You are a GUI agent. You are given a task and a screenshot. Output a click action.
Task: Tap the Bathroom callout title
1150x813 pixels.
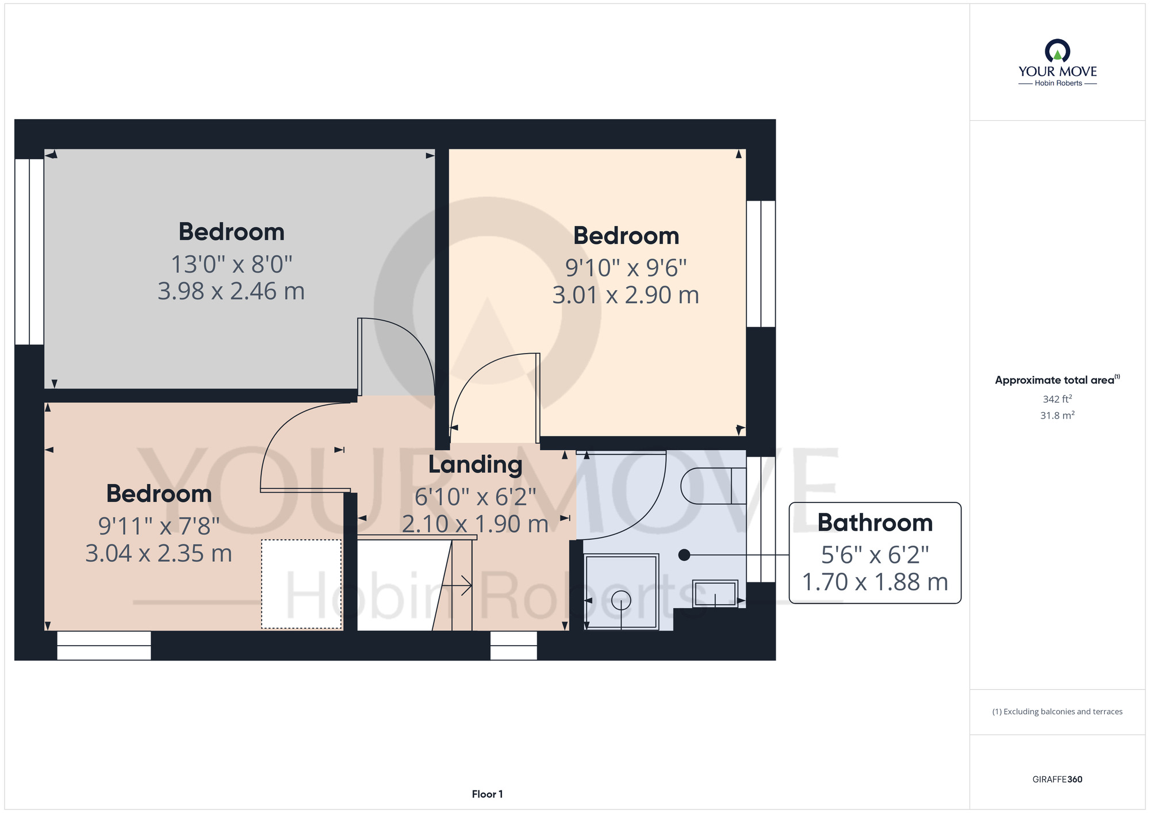coord(875,523)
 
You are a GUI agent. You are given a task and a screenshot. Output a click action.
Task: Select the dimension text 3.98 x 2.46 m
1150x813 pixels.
coord(231,292)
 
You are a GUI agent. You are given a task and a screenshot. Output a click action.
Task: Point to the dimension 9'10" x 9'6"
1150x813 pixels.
coord(626,268)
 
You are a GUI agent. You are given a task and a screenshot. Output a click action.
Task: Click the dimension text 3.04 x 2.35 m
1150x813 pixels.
coord(159,554)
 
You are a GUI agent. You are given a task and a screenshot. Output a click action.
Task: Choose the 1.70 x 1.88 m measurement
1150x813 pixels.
coord(875,582)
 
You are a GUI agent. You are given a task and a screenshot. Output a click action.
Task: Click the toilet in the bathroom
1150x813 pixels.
coord(713,486)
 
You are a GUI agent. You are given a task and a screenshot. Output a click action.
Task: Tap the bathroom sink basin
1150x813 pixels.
coord(715,593)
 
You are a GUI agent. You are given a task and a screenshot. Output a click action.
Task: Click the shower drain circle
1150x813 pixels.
coord(621,600)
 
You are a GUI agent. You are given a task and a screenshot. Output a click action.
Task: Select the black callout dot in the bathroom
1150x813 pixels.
coord(684,555)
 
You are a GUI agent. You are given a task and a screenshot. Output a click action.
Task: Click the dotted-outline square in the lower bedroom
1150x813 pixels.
coord(301,584)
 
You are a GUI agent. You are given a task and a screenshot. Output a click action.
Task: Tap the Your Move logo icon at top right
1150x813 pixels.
coord(1057,51)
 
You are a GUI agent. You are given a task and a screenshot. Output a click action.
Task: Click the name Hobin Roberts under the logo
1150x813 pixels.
coord(1058,83)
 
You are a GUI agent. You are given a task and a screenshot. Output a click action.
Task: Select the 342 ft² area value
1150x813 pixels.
coord(1057,399)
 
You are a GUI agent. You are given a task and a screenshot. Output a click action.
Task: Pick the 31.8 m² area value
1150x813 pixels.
coord(1057,415)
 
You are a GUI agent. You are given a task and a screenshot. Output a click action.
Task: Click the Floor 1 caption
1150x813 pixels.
coord(487,794)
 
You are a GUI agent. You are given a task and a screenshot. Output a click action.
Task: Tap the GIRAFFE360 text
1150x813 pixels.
coord(1057,780)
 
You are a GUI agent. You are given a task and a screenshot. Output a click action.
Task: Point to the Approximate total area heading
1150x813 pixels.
coord(1055,380)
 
